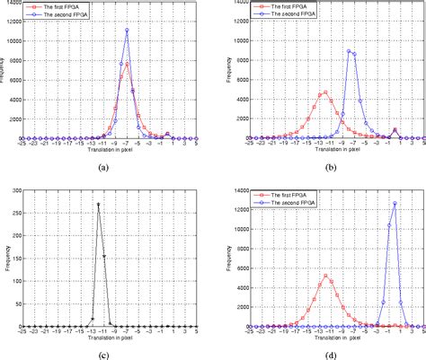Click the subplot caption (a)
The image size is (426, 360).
[102, 167]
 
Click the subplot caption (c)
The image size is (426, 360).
[102, 354]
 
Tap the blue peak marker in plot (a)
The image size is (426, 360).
[127, 30]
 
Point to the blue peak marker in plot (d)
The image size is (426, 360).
[395, 203]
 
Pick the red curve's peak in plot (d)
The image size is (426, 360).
[325, 276]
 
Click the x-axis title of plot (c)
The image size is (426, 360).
[102, 338]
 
